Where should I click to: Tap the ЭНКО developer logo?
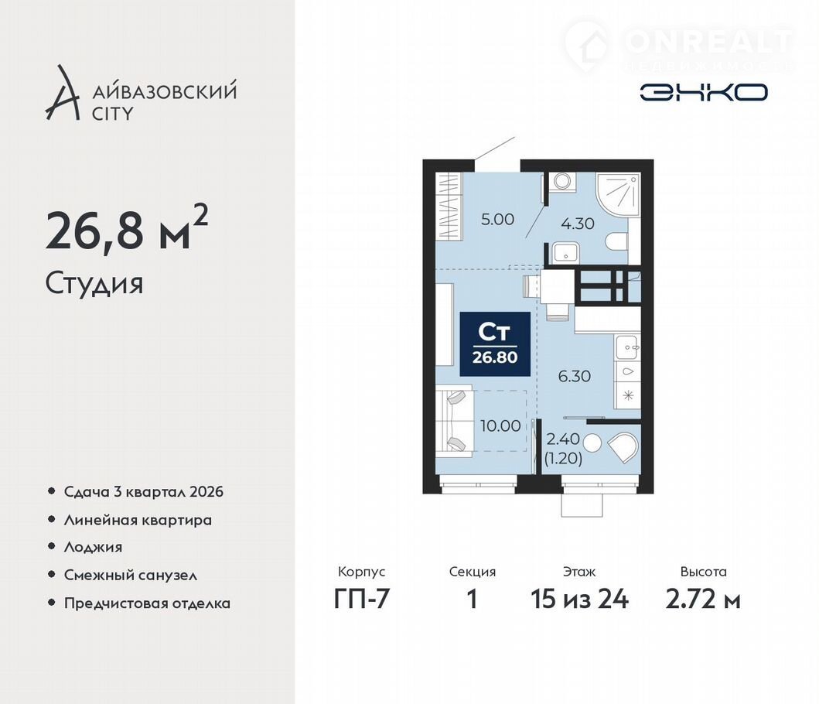click(704, 93)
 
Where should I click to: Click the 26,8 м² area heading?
click(127, 228)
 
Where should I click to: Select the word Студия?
click(94, 284)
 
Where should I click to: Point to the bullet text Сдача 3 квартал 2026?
click(144, 492)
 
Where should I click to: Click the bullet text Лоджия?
click(93, 547)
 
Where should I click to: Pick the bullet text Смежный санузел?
click(131, 576)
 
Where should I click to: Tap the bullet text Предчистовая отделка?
click(147, 603)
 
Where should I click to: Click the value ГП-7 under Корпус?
click(362, 599)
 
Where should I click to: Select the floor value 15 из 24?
click(580, 599)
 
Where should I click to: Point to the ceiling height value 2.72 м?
click(703, 599)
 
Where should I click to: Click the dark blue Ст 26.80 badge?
click(495, 344)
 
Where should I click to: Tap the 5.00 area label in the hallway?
click(498, 219)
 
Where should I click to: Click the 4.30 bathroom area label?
click(578, 224)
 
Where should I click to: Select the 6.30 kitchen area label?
click(575, 376)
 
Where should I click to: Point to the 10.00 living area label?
click(500, 425)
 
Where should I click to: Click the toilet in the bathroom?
click(617, 241)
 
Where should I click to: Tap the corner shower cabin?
click(618, 194)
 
